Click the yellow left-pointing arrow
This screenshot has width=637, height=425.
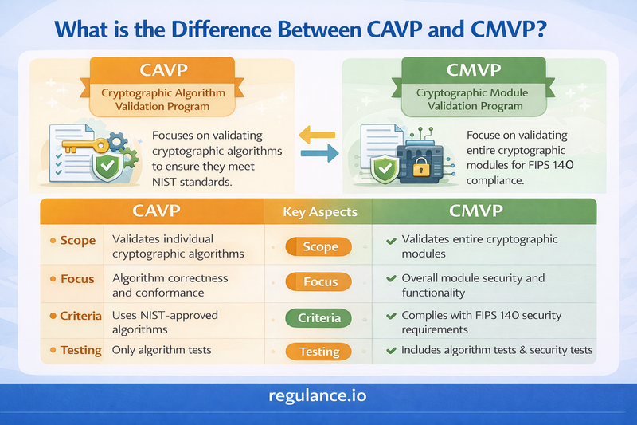pyautogui.click(x=317, y=137)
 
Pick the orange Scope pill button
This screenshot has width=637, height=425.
pyautogui.click(x=320, y=247)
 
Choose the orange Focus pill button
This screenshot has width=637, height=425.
pyautogui.click(x=320, y=282)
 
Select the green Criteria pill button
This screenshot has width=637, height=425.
pyautogui.click(x=320, y=317)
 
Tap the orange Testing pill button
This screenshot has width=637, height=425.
pyautogui.click(x=320, y=351)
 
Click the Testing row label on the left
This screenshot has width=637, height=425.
pyautogui.click(x=80, y=350)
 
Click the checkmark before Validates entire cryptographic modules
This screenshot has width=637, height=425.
pyautogui.click(x=390, y=240)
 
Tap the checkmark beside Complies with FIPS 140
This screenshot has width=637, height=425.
pyautogui.click(x=390, y=316)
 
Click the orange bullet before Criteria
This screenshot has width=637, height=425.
pyautogui.click(x=53, y=316)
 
